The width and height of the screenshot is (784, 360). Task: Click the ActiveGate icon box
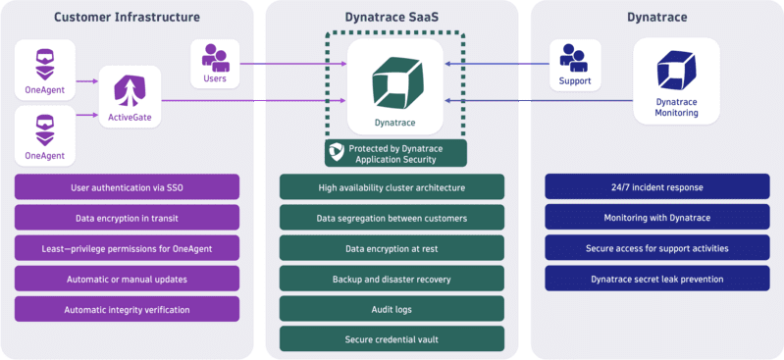coord(131,98)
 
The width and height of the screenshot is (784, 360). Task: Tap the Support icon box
coord(575,65)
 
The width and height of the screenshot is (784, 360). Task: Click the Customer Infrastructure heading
coord(127,17)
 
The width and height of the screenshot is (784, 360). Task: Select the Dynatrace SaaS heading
coord(392,17)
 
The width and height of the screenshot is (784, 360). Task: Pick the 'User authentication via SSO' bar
coord(127,187)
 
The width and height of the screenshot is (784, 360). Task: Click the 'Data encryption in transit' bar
coord(127,218)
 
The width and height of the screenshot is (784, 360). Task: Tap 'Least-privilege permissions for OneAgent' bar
coord(127,248)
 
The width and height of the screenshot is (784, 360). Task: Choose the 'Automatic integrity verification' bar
coord(127,309)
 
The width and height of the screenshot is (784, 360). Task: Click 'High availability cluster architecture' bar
coord(392,187)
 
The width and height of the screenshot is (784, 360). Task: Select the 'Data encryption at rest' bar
coord(392,248)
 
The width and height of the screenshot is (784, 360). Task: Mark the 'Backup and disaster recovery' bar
coord(392,279)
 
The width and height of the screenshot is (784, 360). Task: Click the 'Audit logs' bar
coord(392,309)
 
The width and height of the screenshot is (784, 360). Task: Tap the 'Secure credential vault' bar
coord(392,339)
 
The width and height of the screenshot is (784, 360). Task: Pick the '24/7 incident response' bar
coord(657,187)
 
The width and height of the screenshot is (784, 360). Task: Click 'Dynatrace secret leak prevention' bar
coord(657,279)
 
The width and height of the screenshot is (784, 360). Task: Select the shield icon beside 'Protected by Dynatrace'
coord(337,152)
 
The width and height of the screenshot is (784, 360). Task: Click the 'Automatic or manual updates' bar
coord(127,279)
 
